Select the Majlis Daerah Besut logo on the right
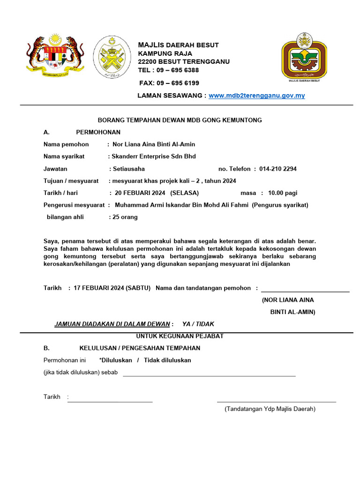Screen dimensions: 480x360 (304, 57)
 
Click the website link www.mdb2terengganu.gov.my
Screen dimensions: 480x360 (256, 96)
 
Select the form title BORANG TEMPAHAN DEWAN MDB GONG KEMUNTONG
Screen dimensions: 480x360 (180, 120)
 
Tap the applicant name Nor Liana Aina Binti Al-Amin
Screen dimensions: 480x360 (154, 144)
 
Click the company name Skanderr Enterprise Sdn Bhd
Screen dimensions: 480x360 (153, 157)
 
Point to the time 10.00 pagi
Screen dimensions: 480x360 (283, 193)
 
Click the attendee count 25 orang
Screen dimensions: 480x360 (125, 217)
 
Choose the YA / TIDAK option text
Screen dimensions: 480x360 (198, 324)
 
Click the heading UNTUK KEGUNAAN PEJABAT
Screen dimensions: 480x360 (180, 336)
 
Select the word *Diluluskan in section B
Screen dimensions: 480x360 (115, 360)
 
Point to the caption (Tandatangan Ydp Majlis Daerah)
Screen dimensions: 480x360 (270, 409)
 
